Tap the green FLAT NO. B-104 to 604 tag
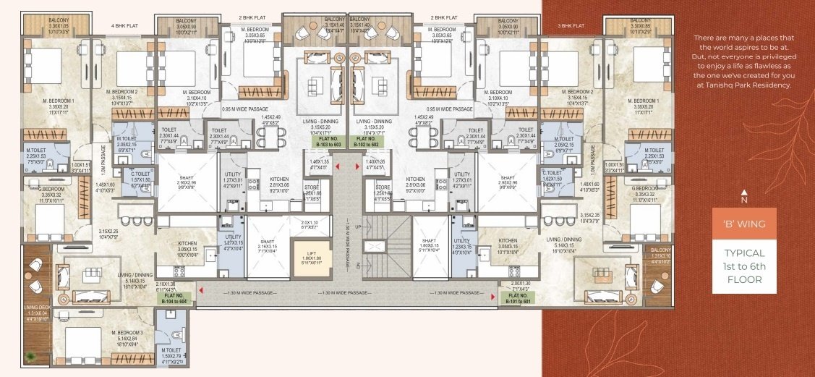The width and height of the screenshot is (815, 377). click(x=174, y=297)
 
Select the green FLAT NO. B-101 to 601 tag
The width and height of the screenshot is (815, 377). click(x=518, y=297)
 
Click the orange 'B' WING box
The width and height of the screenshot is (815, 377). click(x=744, y=223)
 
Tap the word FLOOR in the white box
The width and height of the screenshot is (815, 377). click(x=744, y=279)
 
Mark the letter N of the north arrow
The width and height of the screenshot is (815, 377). click(x=743, y=200)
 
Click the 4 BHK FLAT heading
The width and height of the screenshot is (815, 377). click(x=124, y=27)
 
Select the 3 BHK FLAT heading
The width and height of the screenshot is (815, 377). click(x=572, y=27)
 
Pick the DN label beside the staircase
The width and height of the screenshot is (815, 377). click(x=357, y=266)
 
